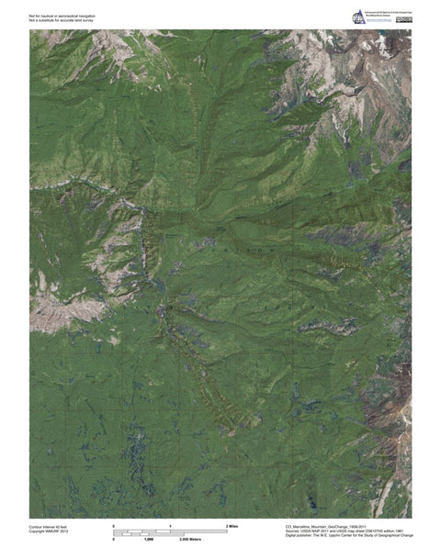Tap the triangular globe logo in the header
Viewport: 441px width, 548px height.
click(357, 16)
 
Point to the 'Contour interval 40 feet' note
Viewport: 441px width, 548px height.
click(49, 526)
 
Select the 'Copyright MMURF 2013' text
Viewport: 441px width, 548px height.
click(49, 531)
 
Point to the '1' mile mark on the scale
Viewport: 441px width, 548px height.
click(171, 525)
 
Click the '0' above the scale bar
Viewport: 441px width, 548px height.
click(114, 525)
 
